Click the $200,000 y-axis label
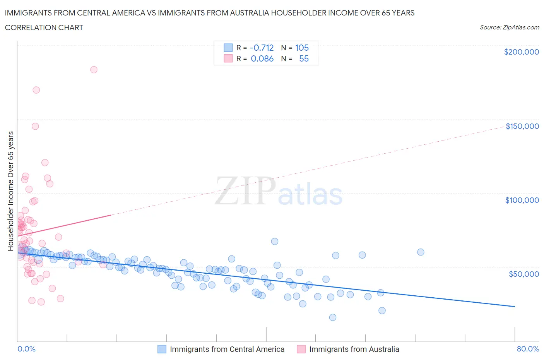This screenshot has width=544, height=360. point(521,52)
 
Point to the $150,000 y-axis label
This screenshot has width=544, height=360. point(522,126)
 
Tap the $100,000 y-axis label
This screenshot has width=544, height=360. point(522,200)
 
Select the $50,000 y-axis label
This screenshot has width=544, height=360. point(523,274)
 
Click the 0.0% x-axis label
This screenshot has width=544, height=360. point(26,349)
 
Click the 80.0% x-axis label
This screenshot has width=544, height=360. point(528,349)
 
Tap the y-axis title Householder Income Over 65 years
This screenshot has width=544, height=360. point(11,191)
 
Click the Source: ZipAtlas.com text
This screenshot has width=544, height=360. point(509,27)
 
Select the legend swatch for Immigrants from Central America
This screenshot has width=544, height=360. point(162,349)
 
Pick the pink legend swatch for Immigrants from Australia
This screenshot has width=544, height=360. point(301,349)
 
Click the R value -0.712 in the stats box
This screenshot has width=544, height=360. point(262,48)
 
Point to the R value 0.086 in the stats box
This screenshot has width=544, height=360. point(262,59)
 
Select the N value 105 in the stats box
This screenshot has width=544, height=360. point(302,48)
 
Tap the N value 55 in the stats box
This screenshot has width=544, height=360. point(304,59)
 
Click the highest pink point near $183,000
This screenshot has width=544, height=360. point(94,70)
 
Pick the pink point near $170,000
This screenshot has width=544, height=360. point(36,90)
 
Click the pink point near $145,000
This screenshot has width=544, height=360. point(35,126)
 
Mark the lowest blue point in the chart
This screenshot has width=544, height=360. point(333,317)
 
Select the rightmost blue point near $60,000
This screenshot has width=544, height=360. point(421,252)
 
